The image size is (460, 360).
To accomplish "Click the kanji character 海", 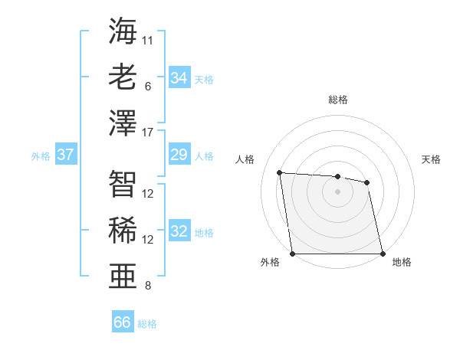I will point(123,32).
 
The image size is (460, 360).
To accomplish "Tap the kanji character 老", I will point(123,77).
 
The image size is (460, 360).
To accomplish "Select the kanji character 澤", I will point(123,123).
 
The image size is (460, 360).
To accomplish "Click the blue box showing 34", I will point(179,78).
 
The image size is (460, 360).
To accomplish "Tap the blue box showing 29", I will point(179,155).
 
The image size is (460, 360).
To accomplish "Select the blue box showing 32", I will point(179,232).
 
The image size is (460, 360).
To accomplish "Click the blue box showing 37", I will point(66,155).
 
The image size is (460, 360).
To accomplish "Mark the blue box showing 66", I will point(123,322).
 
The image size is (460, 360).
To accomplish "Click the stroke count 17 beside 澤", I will point(149,133).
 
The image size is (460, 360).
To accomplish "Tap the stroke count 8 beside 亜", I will point(148,286).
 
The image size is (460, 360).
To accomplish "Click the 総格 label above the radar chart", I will point(338,100).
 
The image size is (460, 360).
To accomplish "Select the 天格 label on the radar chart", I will point(432,159).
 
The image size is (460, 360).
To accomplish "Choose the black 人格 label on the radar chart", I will point(245,159).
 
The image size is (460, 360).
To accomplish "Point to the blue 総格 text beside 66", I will point(147,323).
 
